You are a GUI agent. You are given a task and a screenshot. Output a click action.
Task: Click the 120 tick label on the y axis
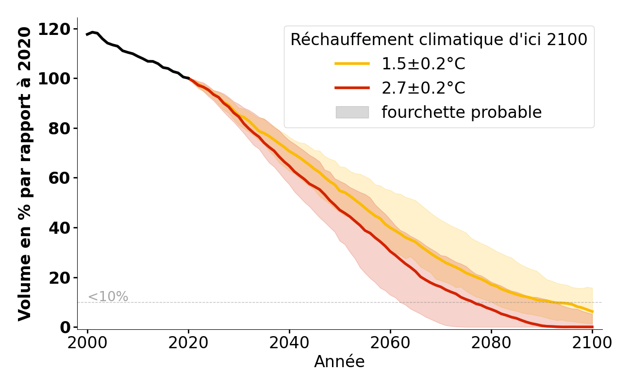pos(54,29)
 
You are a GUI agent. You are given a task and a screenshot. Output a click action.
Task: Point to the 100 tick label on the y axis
pos(54,79)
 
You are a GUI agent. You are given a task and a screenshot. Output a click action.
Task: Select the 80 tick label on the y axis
pos(60,129)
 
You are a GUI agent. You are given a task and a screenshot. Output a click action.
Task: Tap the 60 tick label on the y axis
pos(60,178)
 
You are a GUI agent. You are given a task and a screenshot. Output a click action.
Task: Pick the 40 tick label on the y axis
pos(60,228)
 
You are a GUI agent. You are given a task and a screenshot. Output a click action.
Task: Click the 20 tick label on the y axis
pos(60,277)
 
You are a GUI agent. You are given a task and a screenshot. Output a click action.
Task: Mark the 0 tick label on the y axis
pos(65,327)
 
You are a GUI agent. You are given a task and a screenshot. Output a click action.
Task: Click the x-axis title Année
pos(339,362)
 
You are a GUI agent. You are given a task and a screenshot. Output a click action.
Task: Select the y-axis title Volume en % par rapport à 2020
pos(25,174)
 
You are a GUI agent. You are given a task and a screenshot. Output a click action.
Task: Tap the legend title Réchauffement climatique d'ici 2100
pos(439,40)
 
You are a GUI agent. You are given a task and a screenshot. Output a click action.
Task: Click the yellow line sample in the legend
pos(352,64)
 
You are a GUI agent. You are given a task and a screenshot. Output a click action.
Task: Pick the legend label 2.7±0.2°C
pos(423,88)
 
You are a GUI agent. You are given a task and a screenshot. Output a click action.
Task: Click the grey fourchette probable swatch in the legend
pos(352,113)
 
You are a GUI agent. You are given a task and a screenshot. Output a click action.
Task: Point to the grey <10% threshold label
pos(108,297)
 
